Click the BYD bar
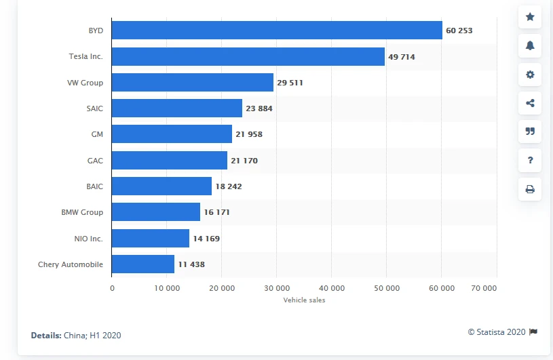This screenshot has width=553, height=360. tap(277, 31)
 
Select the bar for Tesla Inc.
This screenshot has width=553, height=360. tap(248, 56)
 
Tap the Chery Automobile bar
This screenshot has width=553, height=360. tap(143, 264)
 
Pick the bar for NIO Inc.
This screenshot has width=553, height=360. tap(151, 239)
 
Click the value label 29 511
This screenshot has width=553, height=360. tap(290, 83)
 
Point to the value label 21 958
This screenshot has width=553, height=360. tap(249, 134)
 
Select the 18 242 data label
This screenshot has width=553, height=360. tap(229, 186)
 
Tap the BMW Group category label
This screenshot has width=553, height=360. tap(82, 212)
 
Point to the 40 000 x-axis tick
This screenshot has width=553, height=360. tap(331, 287)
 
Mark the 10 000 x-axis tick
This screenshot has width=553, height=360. tap(166, 287)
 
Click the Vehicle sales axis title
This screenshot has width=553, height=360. tap(304, 300)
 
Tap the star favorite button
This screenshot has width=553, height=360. tap(530, 17)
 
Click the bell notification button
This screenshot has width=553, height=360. tap(530, 46)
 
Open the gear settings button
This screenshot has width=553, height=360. tap(530, 75)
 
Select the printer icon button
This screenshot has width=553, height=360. tap(530, 189)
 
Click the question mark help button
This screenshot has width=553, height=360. tap(530, 161)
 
